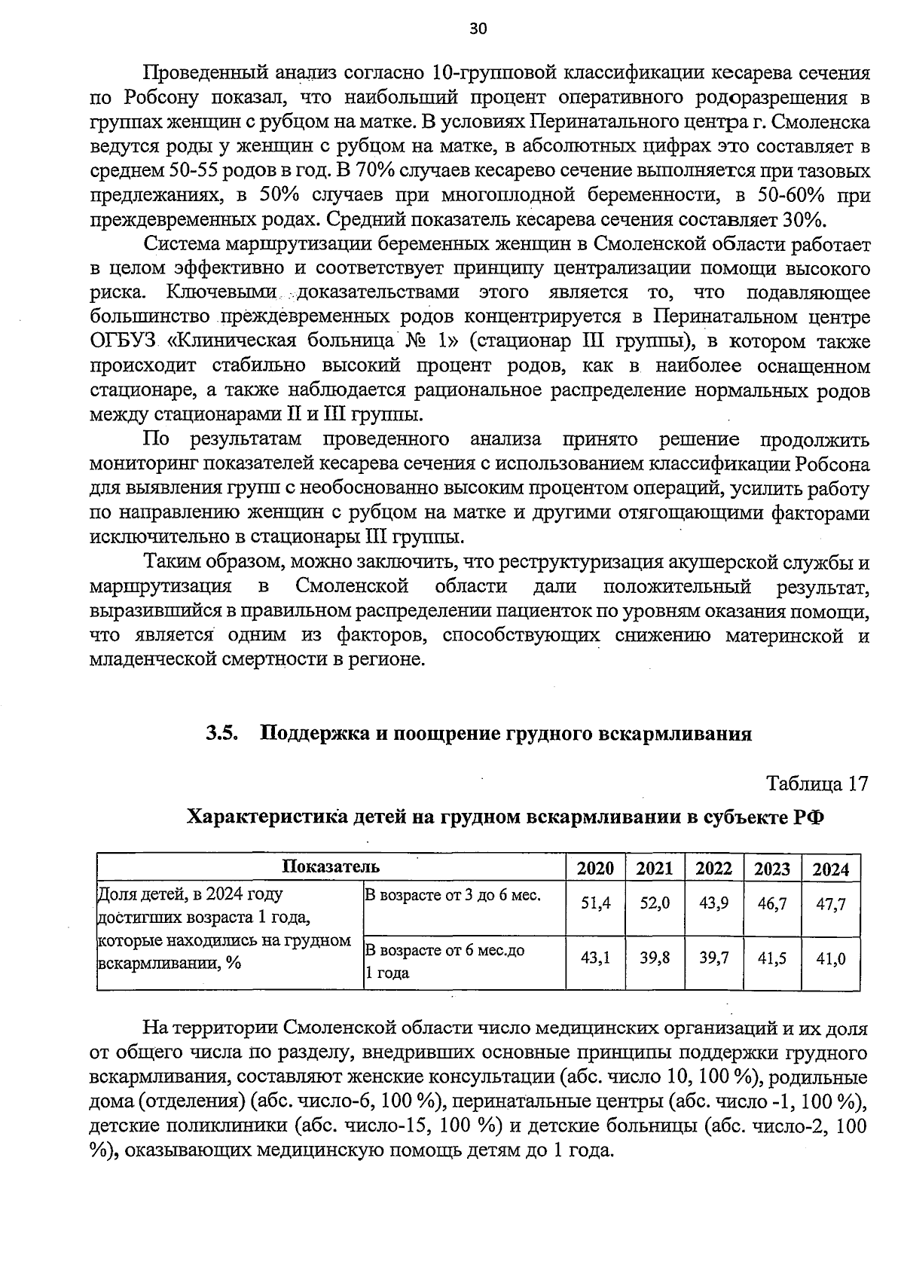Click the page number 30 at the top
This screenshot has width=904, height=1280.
coord(478,29)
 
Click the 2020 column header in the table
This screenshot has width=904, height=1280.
coord(595,869)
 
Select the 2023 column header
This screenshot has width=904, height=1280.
coord(772,869)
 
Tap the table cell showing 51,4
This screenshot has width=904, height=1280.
coord(595,903)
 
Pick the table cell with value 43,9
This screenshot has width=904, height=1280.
coord(713,903)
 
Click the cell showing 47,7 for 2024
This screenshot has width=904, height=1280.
coord(831,903)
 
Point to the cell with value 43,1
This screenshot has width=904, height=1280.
coord(595,958)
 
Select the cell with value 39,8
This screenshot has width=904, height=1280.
coord(655,958)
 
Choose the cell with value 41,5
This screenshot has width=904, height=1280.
coord(772,958)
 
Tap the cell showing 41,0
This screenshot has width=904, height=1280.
coord(831,958)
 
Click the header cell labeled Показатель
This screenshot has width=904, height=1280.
coord(331,866)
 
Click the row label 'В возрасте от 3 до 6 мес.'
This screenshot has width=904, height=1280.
coord(453,895)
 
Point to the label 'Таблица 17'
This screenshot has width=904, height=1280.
coord(817,784)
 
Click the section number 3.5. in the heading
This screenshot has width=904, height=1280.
coord(222,733)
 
